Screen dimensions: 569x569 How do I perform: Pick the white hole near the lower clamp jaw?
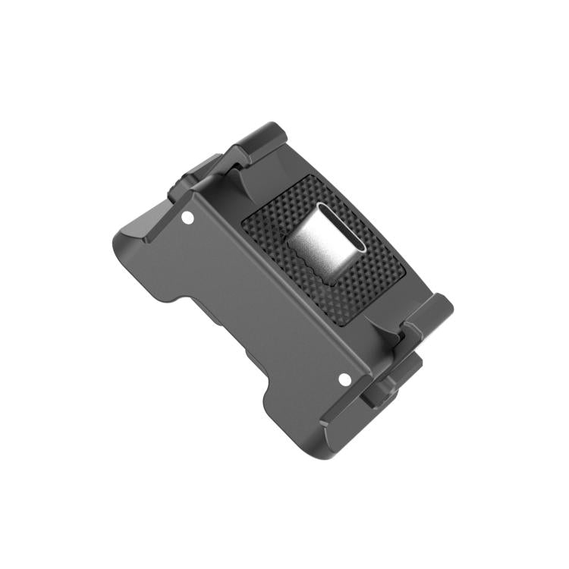(x=343, y=377)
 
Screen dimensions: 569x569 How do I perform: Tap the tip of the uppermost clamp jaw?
(x=266, y=129)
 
